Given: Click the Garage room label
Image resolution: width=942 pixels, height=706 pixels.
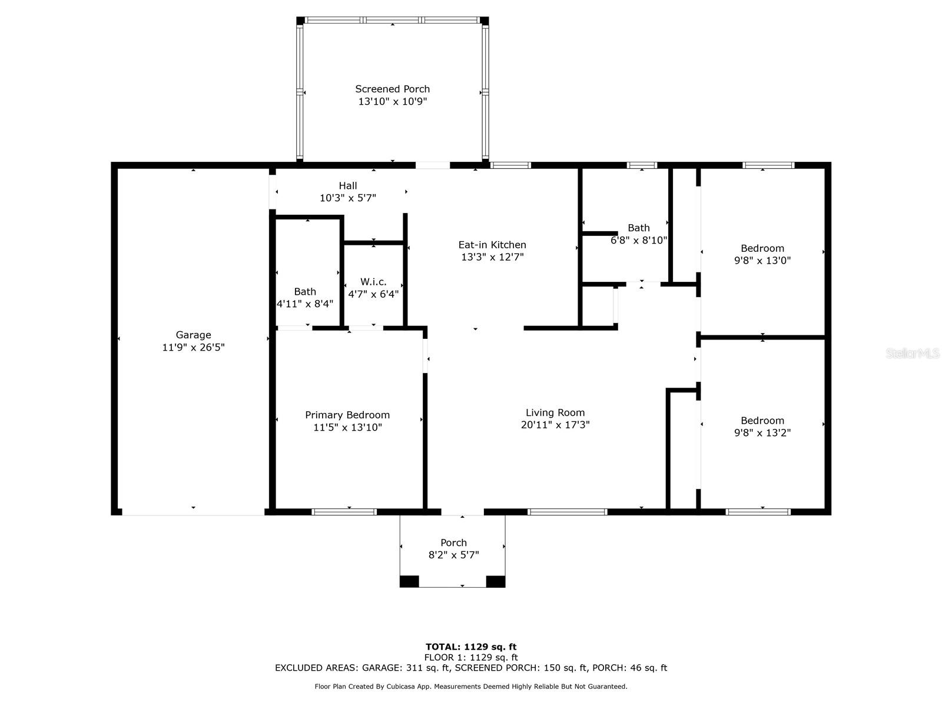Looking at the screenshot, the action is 193,335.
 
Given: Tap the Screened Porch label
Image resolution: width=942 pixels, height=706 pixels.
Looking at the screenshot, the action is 392,89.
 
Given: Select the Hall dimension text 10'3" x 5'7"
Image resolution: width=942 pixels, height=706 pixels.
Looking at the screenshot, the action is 347,198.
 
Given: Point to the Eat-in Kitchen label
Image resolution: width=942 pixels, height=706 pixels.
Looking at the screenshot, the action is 492,245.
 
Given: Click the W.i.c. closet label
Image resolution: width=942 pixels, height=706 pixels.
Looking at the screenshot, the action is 373,282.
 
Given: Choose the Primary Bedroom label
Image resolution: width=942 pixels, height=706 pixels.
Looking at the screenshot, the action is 347,415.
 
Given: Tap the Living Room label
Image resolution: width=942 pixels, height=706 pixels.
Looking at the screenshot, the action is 555,412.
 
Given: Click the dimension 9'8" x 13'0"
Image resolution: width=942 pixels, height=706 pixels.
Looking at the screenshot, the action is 762,260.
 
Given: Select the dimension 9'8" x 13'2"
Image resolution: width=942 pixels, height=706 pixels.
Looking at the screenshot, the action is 762,432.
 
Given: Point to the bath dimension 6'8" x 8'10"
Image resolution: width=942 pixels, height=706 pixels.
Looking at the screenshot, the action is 639,240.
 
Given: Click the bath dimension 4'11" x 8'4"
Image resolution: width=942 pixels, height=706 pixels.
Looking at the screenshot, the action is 305,304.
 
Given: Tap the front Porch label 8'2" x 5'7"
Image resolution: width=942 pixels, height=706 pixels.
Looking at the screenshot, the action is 453,549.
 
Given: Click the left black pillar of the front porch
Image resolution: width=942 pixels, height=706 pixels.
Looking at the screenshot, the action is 409,581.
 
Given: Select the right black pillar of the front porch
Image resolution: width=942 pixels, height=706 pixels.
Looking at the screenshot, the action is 495,581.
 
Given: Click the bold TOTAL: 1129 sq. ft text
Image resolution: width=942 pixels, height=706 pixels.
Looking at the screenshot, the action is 471,647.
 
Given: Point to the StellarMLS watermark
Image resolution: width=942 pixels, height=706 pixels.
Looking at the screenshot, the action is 913,353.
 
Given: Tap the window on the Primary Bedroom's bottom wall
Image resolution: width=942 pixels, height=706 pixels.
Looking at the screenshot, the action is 344,512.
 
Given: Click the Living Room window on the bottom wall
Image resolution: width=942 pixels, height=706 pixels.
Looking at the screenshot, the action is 567,512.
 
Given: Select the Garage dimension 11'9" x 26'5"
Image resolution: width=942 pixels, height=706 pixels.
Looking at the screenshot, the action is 193,347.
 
